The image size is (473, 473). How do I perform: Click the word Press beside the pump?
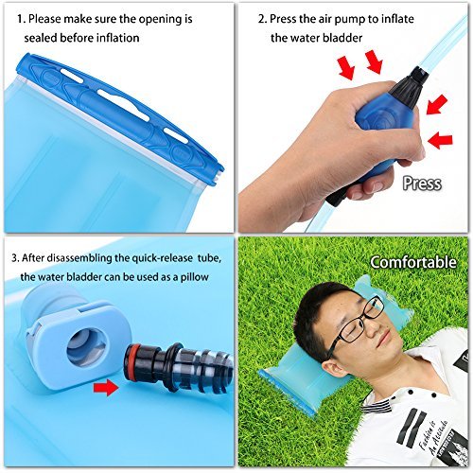pos(421,183)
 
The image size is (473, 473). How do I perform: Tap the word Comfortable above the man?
pos(413,262)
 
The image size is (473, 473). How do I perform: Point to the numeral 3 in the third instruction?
pos(13,256)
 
